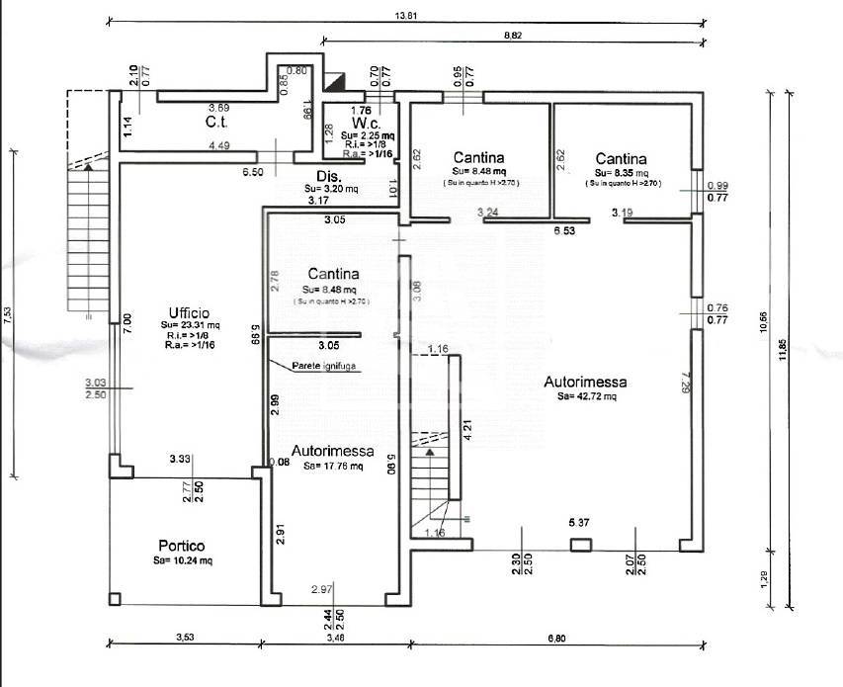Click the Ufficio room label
(x=188, y=312)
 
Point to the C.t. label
(x=216, y=122)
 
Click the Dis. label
(x=329, y=176)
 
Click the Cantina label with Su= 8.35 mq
(x=622, y=158)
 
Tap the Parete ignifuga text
(x=325, y=366)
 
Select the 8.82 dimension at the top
(x=513, y=35)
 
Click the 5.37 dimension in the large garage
(x=579, y=522)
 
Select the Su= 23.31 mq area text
(x=191, y=324)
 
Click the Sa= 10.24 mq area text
(x=183, y=560)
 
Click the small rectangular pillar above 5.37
(x=580, y=544)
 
